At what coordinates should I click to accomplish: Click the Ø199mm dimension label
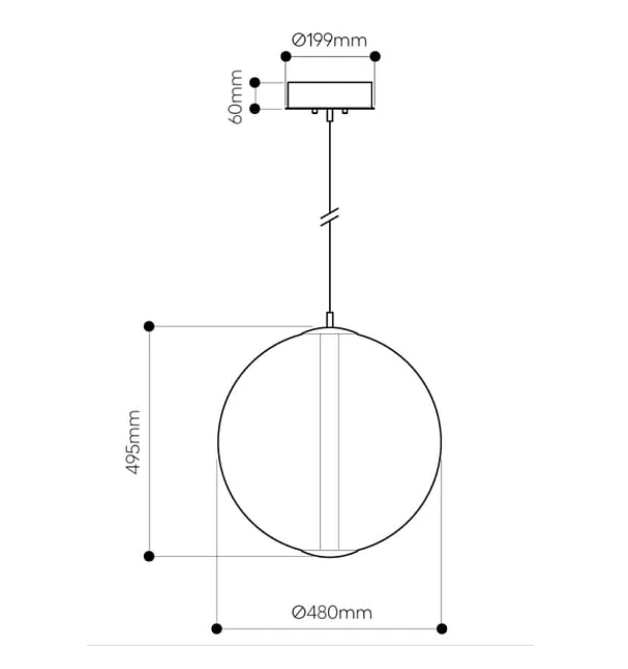tap(330, 40)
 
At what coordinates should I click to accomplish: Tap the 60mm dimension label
tap(236, 96)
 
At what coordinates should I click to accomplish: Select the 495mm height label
tap(134, 442)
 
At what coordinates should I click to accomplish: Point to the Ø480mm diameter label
tap(332, 612)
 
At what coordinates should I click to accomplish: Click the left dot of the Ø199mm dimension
tap(286, 56)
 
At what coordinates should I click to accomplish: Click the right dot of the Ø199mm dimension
tap(375, 56)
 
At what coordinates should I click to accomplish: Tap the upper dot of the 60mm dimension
tap(255, 83)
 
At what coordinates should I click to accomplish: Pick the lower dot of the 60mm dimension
tap(255, 109)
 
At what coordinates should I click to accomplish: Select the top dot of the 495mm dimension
tap(149, 326)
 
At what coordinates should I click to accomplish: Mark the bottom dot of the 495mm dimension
tap(149, 556)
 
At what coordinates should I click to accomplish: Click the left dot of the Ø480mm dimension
tap(216, 628)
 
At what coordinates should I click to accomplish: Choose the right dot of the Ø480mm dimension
tap(442, 628)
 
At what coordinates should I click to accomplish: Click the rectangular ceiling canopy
tap(330, 95)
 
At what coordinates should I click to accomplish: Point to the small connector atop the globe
tap(330, 319)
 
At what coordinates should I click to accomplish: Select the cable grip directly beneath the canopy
tap(330, 116)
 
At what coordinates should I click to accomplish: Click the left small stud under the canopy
tap(314, 111)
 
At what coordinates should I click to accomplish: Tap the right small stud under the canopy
tap(345, 111)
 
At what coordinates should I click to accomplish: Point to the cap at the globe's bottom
tap(330, 553)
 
